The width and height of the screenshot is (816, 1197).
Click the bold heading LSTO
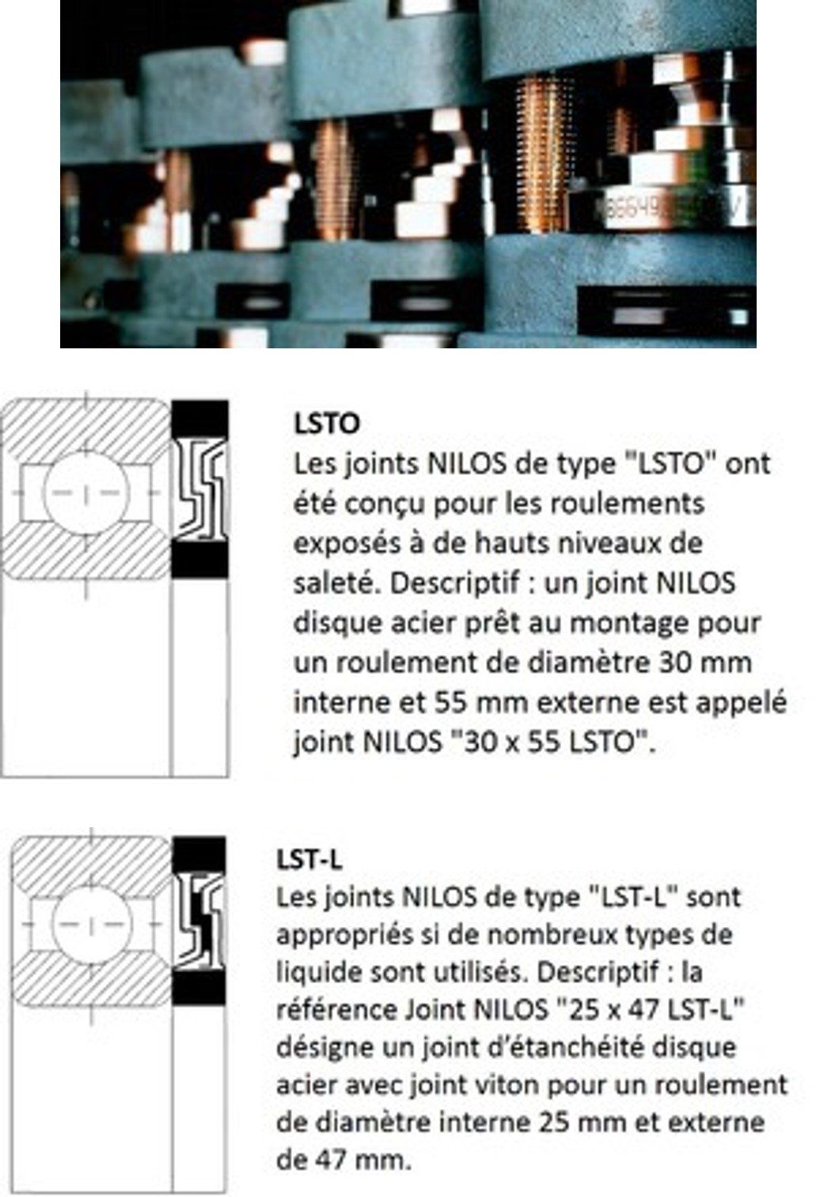[x=328, y=424]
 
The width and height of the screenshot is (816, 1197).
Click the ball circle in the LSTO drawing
[x=86, y=492]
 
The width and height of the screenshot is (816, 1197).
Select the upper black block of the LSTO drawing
[x=200, y=420]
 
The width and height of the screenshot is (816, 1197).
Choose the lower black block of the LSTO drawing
[x=200, y=560]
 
